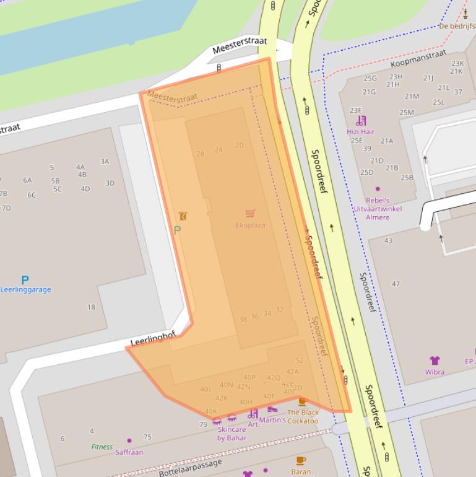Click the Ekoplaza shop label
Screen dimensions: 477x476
click(x=250, y=225)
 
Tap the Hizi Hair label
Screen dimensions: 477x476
click(x=360, y=131)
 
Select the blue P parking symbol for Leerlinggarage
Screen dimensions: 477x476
click(x=25, y=280)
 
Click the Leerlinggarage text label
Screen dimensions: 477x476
click(x=25, y=289)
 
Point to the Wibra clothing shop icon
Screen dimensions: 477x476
click(x=435, y=360)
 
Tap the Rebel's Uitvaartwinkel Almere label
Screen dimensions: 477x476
click(x=378, y=209)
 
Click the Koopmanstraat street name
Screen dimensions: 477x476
click(x=418, y=59)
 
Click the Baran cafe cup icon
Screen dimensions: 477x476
click(x=301, y=460)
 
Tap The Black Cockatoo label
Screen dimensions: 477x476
click(x=303, y=416)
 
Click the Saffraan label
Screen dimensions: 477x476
click(x=129, y=452)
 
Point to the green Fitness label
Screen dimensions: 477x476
click(x=102, y=446)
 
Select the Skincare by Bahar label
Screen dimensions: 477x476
click(x=232, y=433)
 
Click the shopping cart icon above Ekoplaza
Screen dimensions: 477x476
click(x=250, y=214)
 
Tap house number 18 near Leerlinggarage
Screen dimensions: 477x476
click(x=91, y=307)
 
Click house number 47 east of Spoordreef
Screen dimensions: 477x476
click(x=396, y=284)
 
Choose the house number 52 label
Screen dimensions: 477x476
click(x=300, y=360)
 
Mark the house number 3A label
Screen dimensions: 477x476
click(x=105, y=162)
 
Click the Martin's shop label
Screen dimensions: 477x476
click(x=272, y=420)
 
